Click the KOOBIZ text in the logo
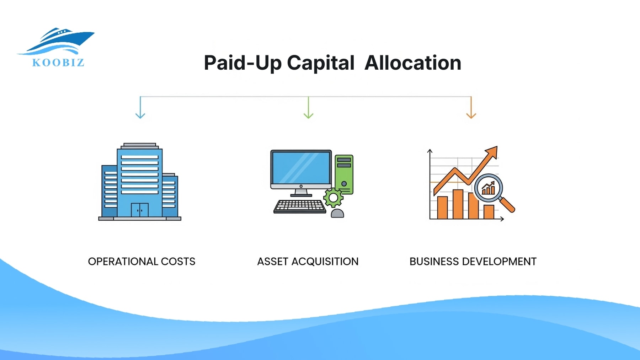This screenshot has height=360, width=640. click(58, 63)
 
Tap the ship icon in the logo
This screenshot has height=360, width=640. click(59, 40)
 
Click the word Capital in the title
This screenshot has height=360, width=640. click(320, 63)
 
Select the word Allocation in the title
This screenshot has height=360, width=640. click(413, 63)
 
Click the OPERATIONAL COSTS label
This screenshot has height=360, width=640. click(142, 262)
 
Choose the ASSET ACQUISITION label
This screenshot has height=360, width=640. click(308, 262)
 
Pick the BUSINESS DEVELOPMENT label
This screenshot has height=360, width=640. click(473, 262)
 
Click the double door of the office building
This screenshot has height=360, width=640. click(140, 210)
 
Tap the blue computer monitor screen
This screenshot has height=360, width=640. click(301, 167)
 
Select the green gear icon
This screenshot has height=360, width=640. click(333, 198)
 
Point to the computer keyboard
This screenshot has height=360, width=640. click(299, 206)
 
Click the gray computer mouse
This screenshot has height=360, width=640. click(337, 213)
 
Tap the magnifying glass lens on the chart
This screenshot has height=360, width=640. click(489, 188)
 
